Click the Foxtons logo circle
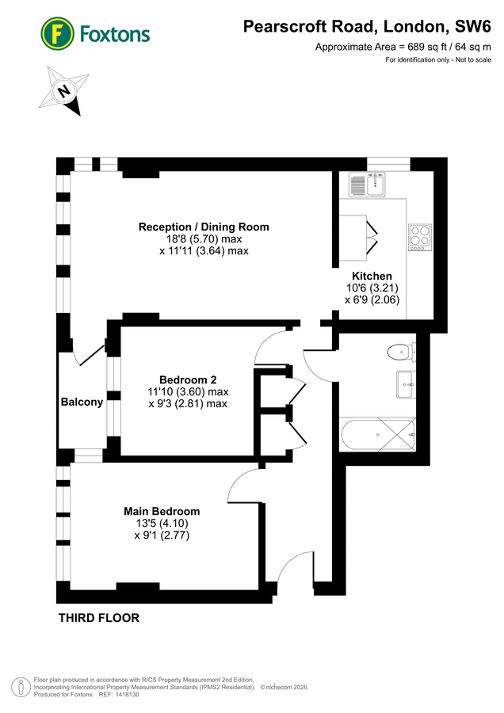[x=56, y=33]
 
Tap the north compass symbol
[x=64, y=91]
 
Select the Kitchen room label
[x=372, y=276]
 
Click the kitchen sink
[x=367, y=185]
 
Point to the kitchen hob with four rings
[x=419, y=237]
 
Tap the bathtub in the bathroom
[x=376, y=433]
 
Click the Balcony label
[x=82, y=402]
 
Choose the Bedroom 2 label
[x=188, y=379]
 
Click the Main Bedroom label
[x=162, y=511]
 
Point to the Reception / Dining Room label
[x=204, y=227]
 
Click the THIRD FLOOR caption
[x=98, y=618]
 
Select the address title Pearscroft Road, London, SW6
[x=367, y=27]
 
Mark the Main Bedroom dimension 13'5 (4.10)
[x=162, y=524]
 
